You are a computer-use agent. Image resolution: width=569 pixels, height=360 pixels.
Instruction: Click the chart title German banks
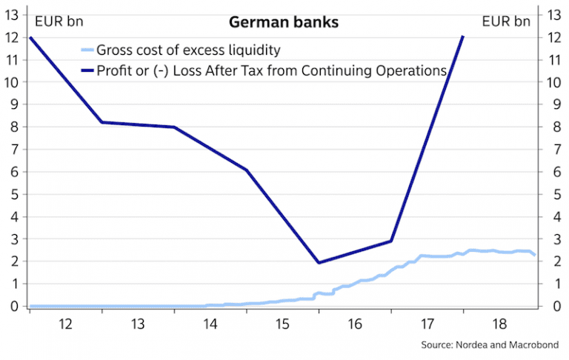284,22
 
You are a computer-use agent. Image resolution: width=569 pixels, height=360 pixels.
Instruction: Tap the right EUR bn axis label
506,21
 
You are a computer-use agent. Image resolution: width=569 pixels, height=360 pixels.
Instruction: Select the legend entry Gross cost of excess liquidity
187,50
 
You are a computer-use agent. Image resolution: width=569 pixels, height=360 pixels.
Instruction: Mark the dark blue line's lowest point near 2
319,263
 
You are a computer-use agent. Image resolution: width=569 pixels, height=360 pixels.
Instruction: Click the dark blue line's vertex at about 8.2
102,122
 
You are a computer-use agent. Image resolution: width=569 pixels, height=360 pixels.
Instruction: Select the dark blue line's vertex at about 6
247,170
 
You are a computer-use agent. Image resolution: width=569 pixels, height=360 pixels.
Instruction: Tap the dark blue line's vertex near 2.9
391,241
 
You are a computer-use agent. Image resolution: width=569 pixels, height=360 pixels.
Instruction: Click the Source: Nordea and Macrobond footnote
490,345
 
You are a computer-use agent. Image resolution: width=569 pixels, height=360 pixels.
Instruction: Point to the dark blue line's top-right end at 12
463,36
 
